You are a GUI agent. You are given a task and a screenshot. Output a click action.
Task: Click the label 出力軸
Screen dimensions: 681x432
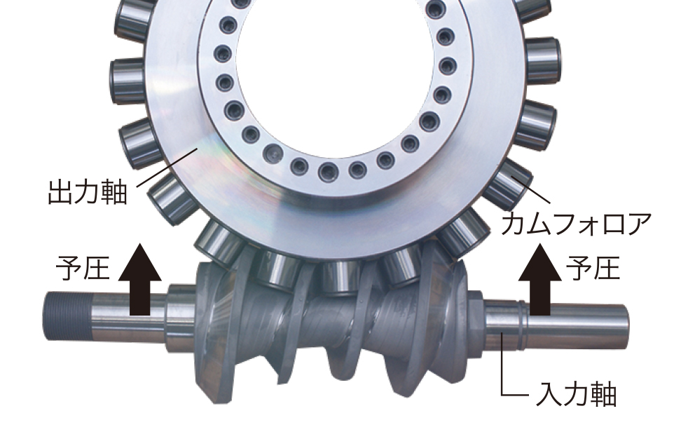click(x=88, y=193)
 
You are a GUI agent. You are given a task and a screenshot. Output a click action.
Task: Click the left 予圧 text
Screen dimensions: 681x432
click(x=83, y=268)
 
